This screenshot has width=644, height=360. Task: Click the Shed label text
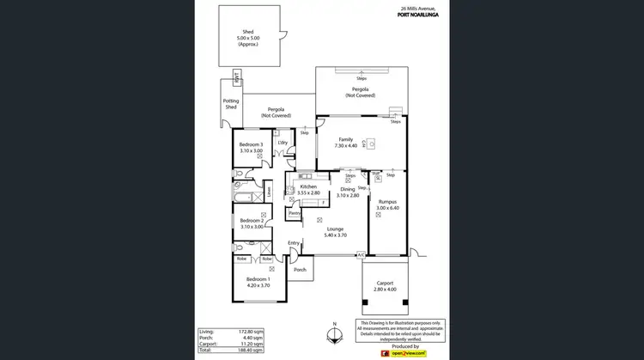248,32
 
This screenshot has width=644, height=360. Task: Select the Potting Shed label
231,104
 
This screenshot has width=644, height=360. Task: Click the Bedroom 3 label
251,144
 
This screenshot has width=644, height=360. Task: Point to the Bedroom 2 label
251,221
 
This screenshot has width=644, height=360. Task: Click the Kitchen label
308,186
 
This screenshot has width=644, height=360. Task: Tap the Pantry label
294,213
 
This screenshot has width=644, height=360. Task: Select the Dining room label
348,190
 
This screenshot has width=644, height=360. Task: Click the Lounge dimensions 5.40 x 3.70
335,235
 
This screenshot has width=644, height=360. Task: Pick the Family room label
346,139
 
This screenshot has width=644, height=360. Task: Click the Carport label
385,283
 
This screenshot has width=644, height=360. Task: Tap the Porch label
300,270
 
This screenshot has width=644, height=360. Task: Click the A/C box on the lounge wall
361,255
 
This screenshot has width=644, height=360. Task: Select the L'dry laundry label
282,143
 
